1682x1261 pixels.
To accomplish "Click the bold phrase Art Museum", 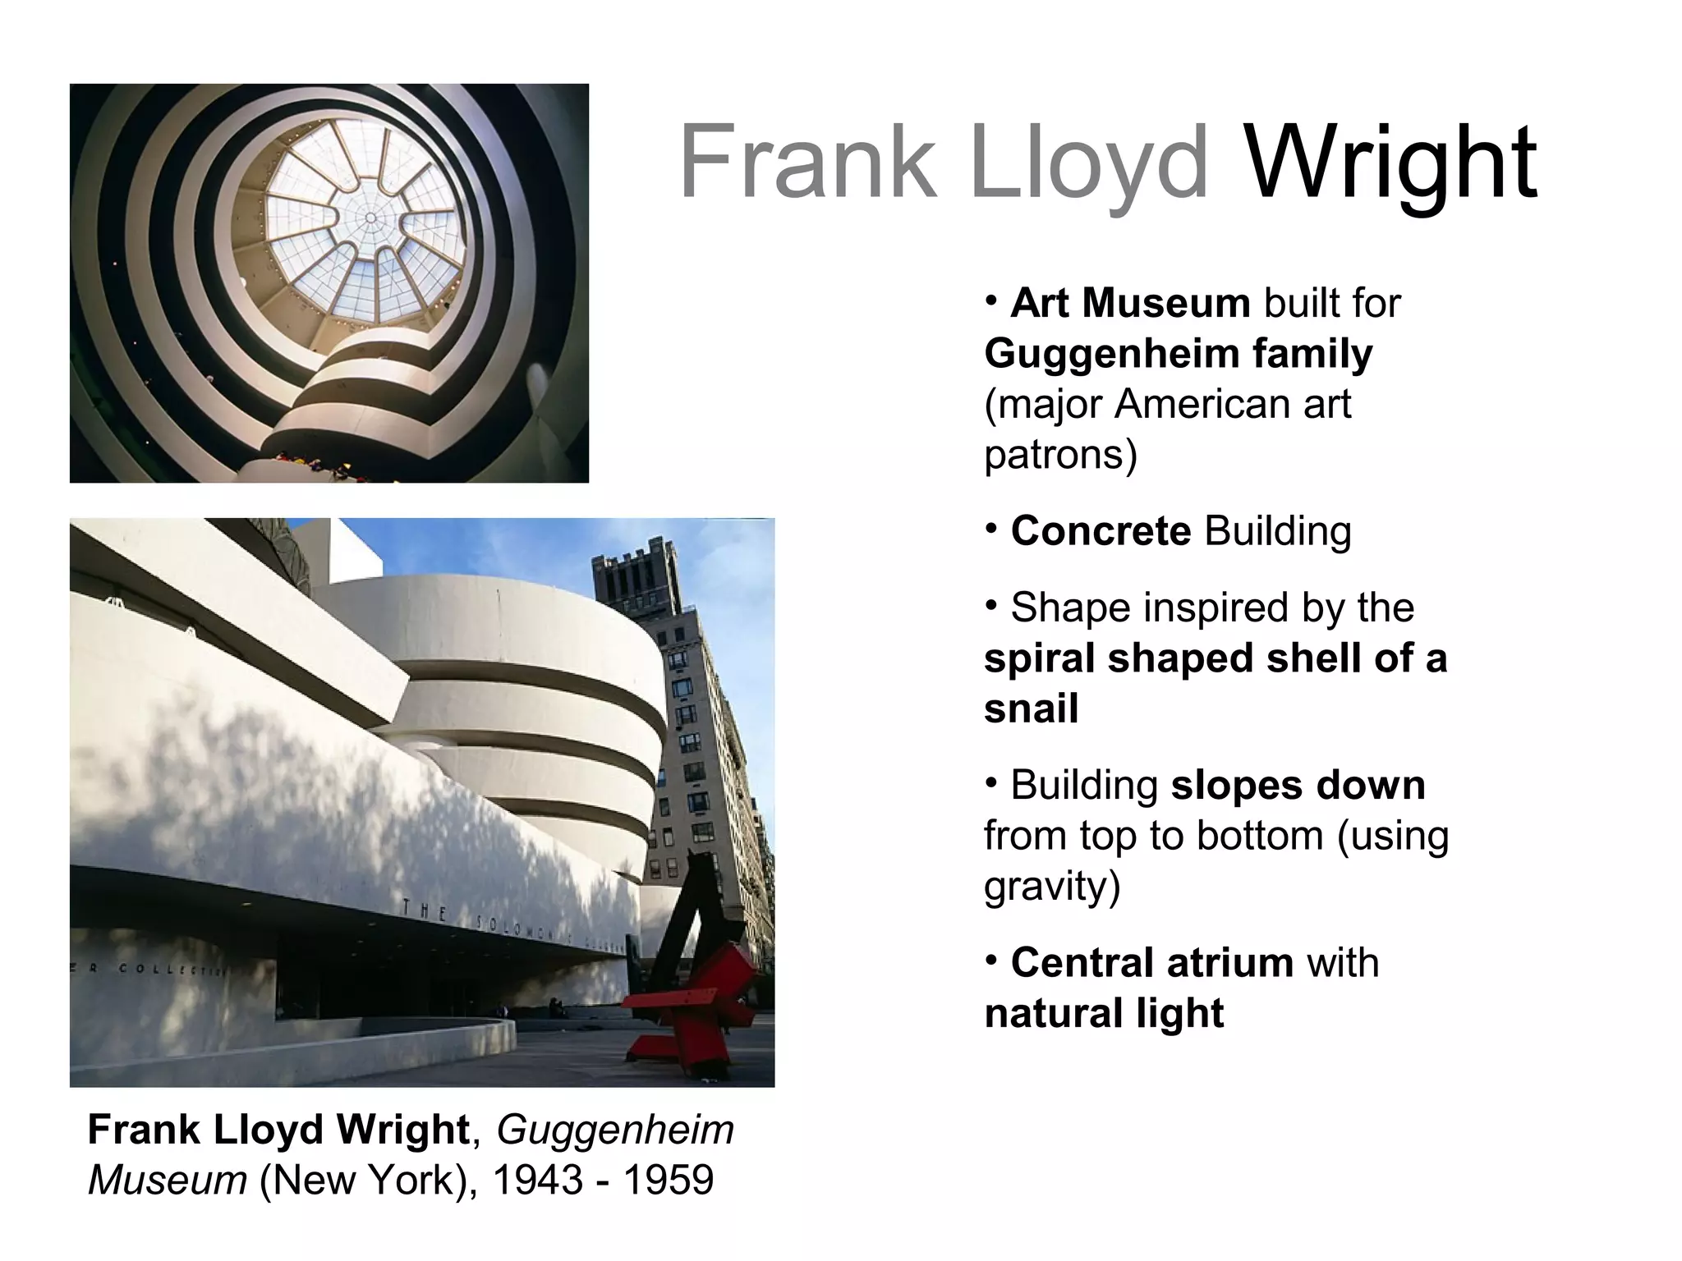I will tap(1130, 303).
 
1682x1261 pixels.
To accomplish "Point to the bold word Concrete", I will tap(1101, 531).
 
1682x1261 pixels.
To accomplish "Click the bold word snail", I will tap(1031, 708).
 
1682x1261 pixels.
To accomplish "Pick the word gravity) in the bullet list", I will tap(1052, 887).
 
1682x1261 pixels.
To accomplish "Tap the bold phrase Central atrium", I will tap(1152, 963).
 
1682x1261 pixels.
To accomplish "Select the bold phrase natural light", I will tap(1104, 1014).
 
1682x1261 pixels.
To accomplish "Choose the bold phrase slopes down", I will tap(1298, 786).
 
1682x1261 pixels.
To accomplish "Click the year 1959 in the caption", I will tap(668, 1181).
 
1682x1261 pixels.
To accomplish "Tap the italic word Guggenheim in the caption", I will tap(615, 1130).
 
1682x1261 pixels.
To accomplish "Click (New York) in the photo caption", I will tap(362, 1181).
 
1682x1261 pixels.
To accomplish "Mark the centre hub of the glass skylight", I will tap(370, 218).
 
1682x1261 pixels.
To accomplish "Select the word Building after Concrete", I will tap(1277, 531).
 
